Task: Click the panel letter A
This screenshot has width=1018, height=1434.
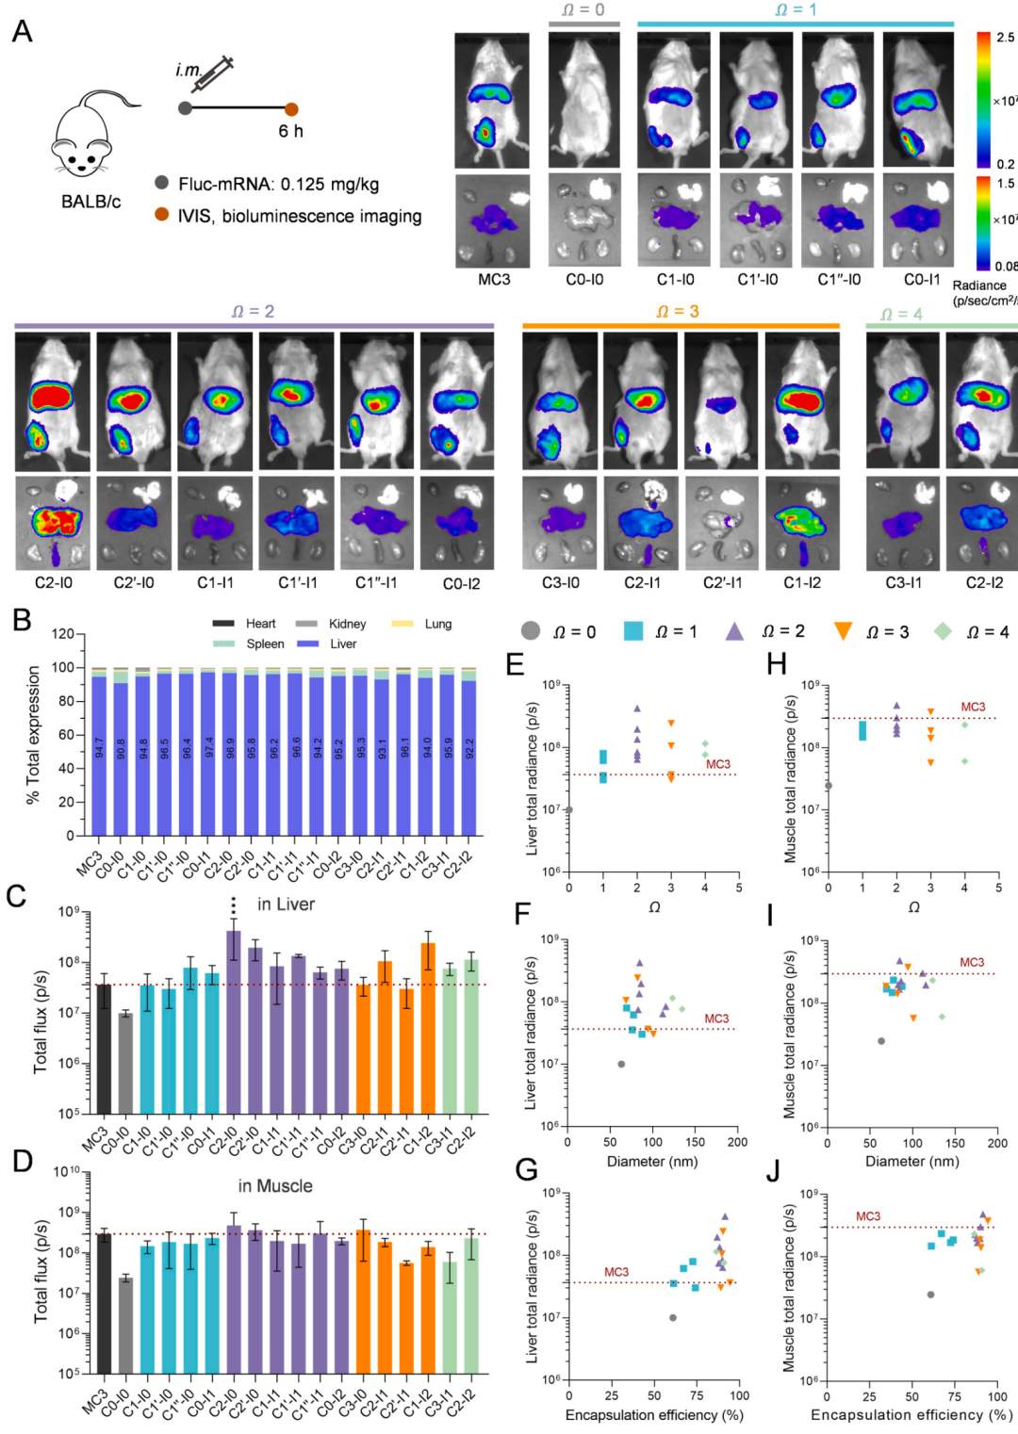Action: [22, 32]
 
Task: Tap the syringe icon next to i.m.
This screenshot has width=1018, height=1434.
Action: [218, 72]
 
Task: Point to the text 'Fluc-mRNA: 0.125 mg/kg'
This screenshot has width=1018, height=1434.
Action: [278, 185]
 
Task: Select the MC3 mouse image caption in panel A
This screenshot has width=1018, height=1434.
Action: [494, 280]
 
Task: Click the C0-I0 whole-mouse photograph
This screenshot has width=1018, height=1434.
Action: [584, 101]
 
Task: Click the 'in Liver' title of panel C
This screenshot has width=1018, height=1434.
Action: [286, 904]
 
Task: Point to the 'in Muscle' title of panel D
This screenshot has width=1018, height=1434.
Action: [275, 1186]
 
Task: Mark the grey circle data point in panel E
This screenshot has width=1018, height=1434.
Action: [568, 809]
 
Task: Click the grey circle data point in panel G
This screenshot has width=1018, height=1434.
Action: [673, 1317]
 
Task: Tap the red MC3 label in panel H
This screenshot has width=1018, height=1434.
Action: [973, 707]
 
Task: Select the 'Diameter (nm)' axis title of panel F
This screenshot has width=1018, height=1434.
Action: [652, 1162]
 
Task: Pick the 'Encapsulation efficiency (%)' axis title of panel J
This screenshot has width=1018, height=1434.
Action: [911, 1415]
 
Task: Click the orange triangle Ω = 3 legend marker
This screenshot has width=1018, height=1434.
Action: [843, 631]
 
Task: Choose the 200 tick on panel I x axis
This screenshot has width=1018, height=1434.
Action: [997, 1144]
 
